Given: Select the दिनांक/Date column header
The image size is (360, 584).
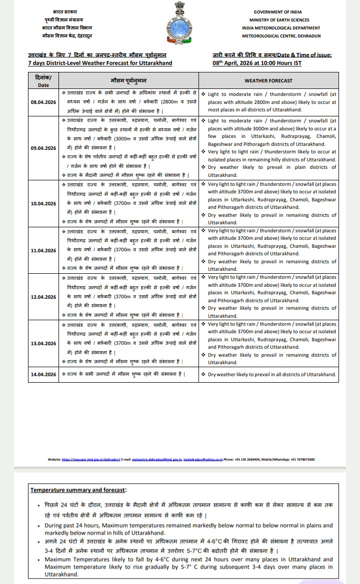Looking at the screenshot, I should [x=43, y=80].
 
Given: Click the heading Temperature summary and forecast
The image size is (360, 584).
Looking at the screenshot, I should [x=78, y=490].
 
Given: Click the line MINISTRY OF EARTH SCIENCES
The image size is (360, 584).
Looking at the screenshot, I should [x=280, y=19].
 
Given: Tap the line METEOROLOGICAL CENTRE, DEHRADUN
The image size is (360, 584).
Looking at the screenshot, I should [x=281, y=36].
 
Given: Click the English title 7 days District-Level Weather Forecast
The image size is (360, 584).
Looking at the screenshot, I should [x=100, y=63].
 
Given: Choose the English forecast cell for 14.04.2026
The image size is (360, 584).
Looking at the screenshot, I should [x=271, y=374].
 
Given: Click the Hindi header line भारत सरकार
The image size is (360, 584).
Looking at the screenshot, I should [x=65, y=11].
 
